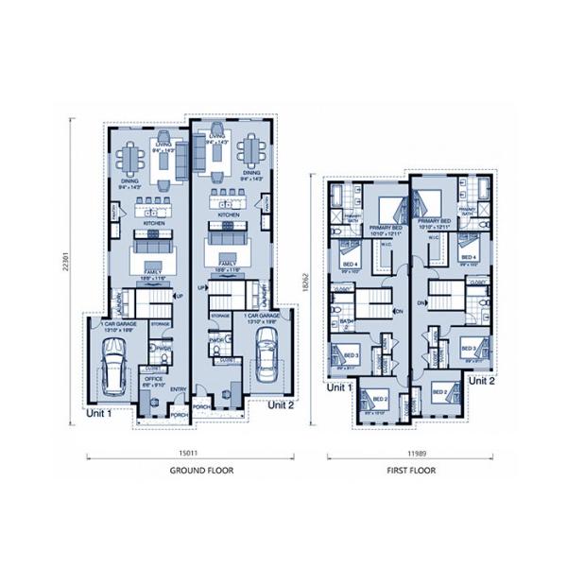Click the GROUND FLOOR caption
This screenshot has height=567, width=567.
coord(201,470)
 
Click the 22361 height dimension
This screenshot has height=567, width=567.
coord(66,267)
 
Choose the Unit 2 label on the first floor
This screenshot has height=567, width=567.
coord(482,381)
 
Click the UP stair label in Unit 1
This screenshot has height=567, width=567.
coord(180,296)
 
